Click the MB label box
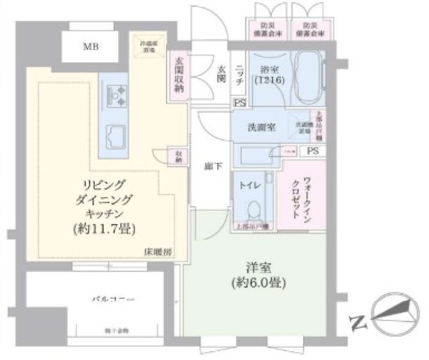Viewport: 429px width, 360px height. (x=88, y=47)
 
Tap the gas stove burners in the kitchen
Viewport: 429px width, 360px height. (x=115, y=95)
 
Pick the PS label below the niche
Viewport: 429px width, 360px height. (x=239, y=103)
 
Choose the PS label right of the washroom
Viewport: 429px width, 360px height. (x=312, y=152)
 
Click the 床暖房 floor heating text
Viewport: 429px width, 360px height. (x=159, y=253)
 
